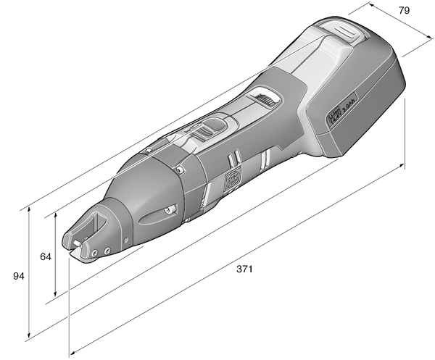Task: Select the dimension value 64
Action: (x=45, y=256)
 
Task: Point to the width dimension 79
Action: (x=405, y=10)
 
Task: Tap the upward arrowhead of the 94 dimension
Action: (x=28, y=210)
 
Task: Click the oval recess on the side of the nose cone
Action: (x=158, y=214)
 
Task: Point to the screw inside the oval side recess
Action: (x=167, y=211)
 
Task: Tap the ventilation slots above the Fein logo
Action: (x=233, y=160)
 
